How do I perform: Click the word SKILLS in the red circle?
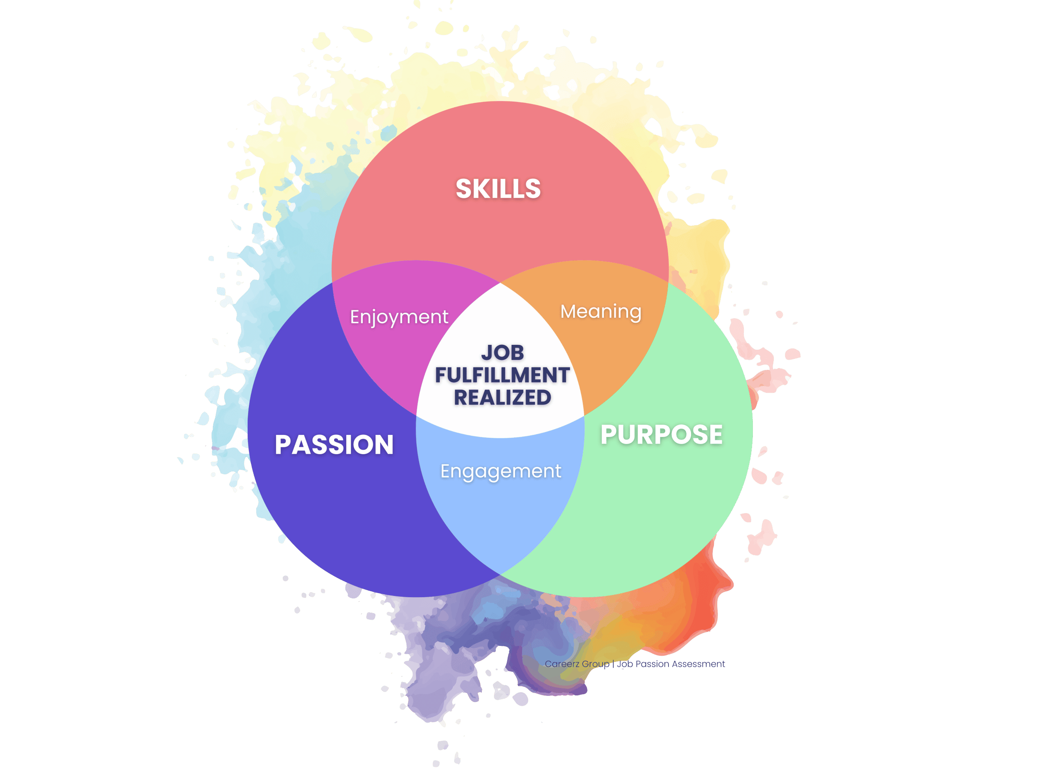pyautogui.click(x=498, y=189)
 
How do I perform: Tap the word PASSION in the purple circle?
pyautogui.click(x=334, y=445)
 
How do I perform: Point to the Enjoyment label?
pyautogui.click(x=399, y=317)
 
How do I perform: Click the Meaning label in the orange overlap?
pyautogui.click(x=601, y=312)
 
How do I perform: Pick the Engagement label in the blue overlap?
pyautogui.click(x=500, y=471)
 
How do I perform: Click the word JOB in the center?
pyautogui.click(x=502, y=353)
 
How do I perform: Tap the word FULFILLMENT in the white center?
pyautogui.click(x=502, y=375)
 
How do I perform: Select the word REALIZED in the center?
pyautogui.click(x=502, y=398)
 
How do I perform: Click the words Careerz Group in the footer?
pyautogui.click(x=577, y=664)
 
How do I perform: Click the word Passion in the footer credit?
pyautogui.click(x=652, y=664)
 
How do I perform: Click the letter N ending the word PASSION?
pyautogui.click(x=384, y=445)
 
